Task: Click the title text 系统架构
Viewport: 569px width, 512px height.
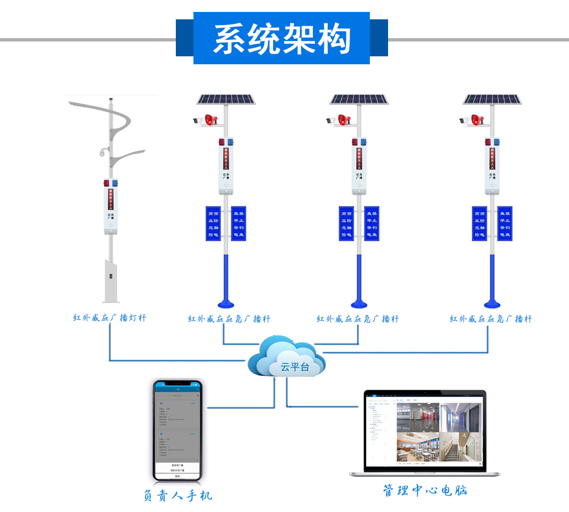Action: (x=282, y=39)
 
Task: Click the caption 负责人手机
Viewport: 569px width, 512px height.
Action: (x=178, y=496)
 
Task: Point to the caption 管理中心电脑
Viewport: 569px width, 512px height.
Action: (x=425, y=490)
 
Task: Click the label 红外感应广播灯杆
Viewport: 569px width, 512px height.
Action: (x=109, y=318)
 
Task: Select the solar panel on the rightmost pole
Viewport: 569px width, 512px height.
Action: (x=492, y=100)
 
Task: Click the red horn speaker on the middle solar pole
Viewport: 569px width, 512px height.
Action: (x=344, y=120)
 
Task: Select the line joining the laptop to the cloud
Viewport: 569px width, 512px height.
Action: (x=324, y=406)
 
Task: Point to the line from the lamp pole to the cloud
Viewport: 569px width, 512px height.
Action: (x=171, y=360)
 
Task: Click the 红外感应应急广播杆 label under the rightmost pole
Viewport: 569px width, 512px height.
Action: (x=490, y=319)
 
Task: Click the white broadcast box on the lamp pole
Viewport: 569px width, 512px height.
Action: (x=110, y=210)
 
